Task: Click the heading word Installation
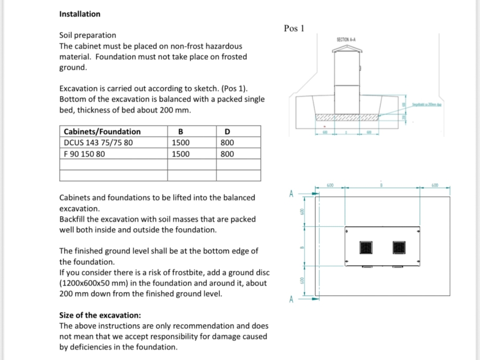[79, 14]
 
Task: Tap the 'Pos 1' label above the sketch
[294, 28]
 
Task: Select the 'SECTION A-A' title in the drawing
[347, 39]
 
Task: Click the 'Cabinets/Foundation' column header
[102, 132]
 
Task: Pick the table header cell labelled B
[180, 132]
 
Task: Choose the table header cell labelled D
[228, 132]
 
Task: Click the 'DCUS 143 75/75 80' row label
[98, 143]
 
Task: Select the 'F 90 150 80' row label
[84, 154]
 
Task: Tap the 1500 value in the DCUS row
[180, 143]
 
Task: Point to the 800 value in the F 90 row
[227, 154]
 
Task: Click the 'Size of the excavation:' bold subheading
[100, 315]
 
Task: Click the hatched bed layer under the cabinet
[347, 117]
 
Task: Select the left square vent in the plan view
[365, 247]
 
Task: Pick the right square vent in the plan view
[399, 247]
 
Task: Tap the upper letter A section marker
[291, 193]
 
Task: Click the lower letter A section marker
[291, 299]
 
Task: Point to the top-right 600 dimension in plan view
[435, 185]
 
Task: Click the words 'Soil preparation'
[87, 35]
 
